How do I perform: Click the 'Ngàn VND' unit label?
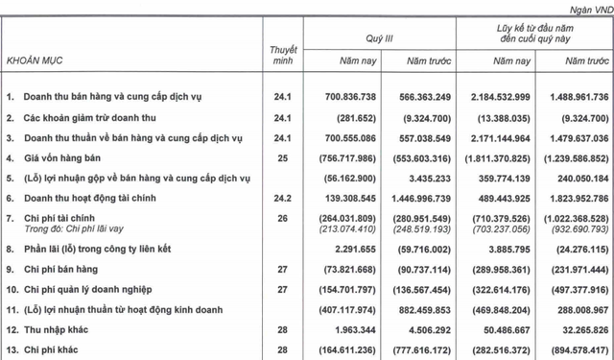click(585, 7)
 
